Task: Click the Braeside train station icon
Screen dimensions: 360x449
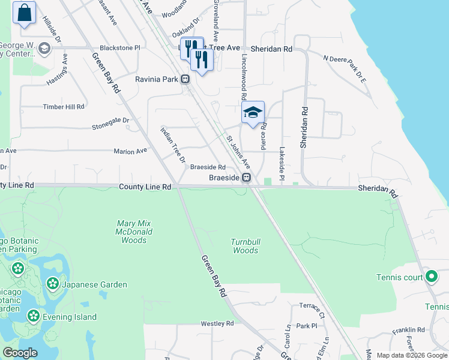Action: (x=246, y=178)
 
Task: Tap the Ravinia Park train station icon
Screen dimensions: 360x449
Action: (x=186, y=79)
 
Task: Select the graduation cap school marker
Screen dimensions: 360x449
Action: (x=253, y=112)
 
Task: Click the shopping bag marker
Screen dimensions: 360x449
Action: (x=24, y=13)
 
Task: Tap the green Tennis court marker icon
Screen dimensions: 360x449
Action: (x=431, y=277)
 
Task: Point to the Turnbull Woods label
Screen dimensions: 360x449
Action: (x=246, y=246)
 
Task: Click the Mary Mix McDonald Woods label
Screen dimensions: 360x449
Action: (x=134, y=232)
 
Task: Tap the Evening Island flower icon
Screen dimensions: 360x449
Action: (x=32, y=316)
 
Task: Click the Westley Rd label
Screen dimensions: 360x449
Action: (x=217, y=323)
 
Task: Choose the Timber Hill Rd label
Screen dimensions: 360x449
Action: (x=63, y=107)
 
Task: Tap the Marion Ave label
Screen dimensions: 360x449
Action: (x=130, y=152)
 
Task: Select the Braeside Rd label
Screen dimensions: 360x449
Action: (x=207, y=167)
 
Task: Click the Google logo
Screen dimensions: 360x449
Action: (x=20, y=353)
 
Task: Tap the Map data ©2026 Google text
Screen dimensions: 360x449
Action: (x=411, y=355)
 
